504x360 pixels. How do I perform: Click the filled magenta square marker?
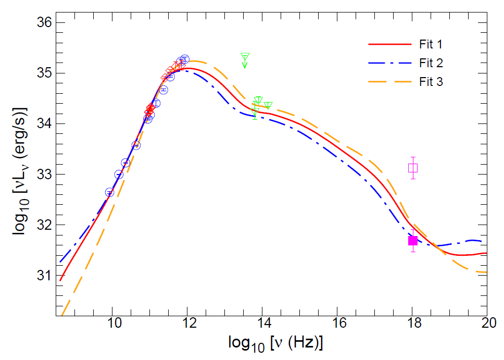[413, 241]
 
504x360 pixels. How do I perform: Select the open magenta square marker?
[413, 168]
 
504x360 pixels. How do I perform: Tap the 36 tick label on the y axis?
[41, 23]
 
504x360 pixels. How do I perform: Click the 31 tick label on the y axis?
[41, 276]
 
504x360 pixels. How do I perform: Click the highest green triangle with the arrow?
[245, 56]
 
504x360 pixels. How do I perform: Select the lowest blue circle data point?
[110, 192]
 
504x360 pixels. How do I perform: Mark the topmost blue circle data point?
[184, 59]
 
